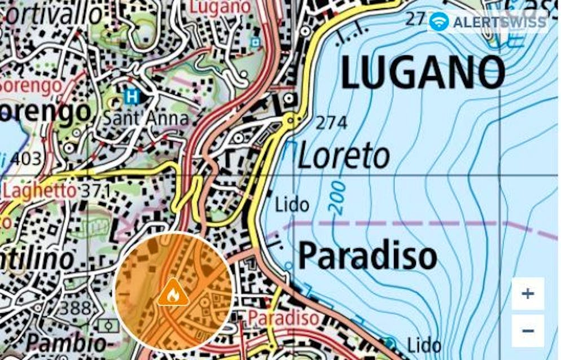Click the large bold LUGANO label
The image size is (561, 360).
point(423,73)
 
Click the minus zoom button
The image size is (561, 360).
point(528,331)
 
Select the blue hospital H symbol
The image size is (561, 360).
point(132,96)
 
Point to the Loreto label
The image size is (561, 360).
point(344,156)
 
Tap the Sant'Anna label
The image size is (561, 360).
point(145,118)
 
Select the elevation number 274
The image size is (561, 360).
point(331,122)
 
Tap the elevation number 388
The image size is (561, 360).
point(75,308)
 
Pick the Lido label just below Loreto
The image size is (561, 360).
point(292,205)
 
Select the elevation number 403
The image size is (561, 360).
point(25,159)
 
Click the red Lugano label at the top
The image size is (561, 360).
point(220,7)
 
